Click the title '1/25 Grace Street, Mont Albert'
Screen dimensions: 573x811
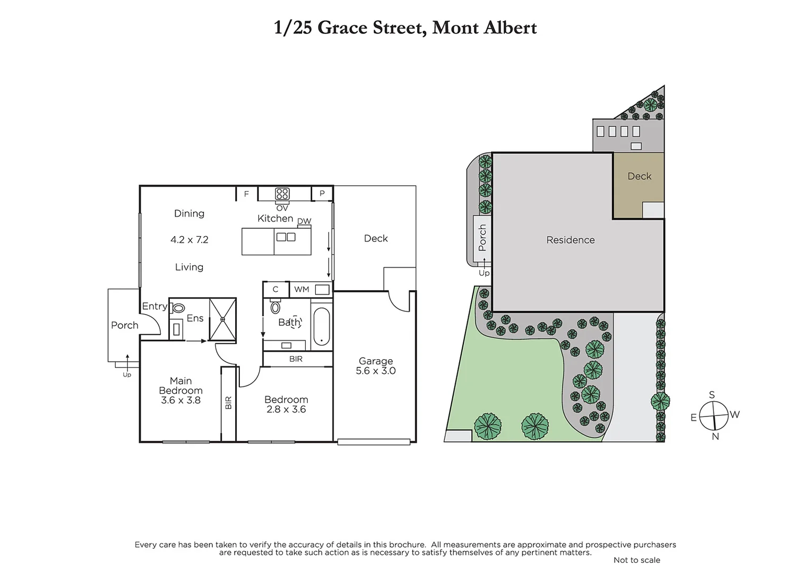coord(405,28)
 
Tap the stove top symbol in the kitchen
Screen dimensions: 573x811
coord(282,194)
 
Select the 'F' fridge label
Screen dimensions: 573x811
coord(246,194)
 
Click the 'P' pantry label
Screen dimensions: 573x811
coord(322,194)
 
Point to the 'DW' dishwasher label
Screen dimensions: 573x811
coord(304,221)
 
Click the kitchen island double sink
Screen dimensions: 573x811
coord(286,237)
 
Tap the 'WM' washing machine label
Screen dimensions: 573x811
coord(301,289)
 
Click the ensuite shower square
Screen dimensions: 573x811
coord(222,319)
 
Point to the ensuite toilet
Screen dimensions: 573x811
coord(178,308)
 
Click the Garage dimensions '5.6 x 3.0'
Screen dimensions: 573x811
coord(376,371)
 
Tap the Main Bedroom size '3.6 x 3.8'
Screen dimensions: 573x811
coord(180,400)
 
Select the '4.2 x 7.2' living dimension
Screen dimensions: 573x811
coord(189,240)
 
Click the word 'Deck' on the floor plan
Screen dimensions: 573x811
coord(376,239)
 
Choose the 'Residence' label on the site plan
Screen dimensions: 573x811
coord(571,240)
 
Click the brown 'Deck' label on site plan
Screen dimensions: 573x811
coord(639,176)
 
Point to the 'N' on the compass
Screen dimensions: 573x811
coord(715,436)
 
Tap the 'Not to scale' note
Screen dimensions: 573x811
coord(636,560)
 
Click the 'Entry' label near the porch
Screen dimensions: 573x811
coord(154,306)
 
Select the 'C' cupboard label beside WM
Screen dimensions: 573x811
coord(275,289)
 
